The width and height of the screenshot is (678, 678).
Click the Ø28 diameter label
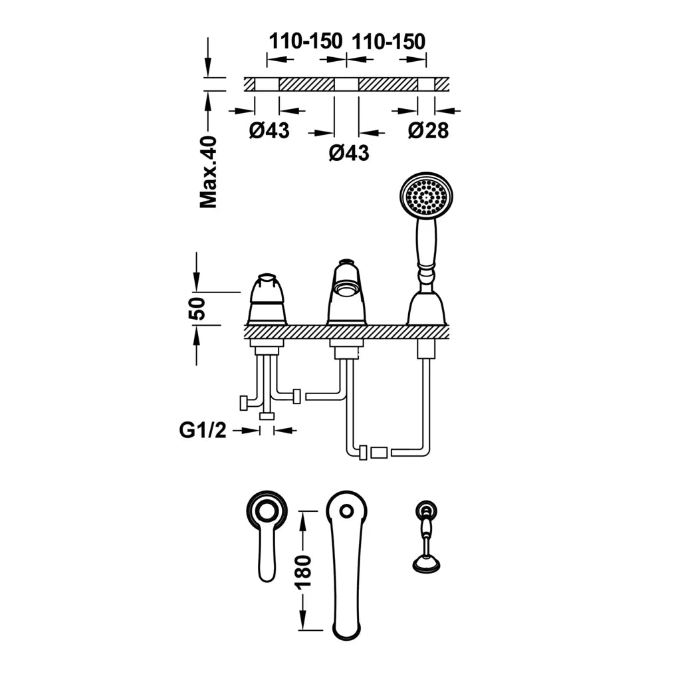(428, 130)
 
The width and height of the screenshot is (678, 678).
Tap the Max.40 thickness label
(209, 171)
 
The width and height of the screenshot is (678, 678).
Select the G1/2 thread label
(202, 430)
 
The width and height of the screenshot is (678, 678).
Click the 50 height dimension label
(197, 308)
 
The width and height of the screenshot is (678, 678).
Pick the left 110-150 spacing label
(306, 41)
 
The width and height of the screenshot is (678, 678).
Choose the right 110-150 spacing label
(389, 41)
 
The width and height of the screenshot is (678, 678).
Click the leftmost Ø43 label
(269, 130)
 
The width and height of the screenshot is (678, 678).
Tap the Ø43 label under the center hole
(349, 153)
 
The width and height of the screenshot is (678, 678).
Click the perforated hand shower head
(426, 194)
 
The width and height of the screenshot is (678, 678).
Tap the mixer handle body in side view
(267, 300)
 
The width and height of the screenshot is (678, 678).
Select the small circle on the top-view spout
(346, 511)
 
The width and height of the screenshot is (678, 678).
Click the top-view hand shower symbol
(426, 538)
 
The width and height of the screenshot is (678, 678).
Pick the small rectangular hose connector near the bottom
(379, 453)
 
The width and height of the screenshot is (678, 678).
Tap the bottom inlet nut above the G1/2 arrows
(267, 416)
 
